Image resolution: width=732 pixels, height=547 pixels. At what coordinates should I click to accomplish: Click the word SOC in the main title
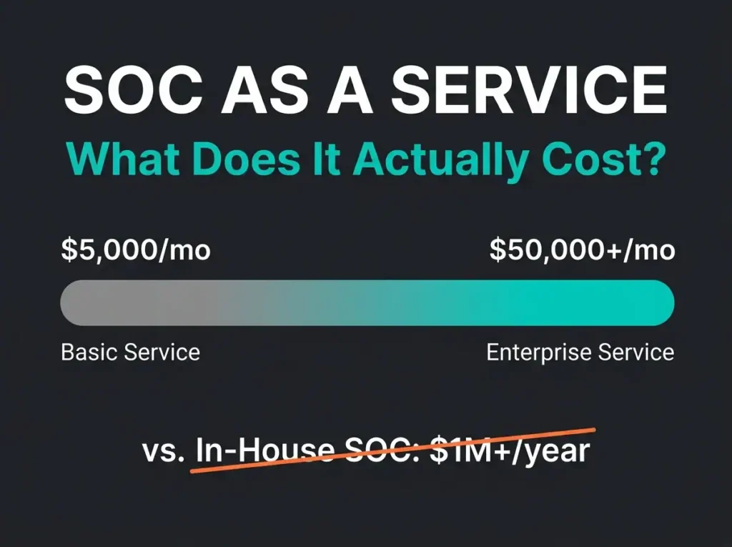coord(134,89)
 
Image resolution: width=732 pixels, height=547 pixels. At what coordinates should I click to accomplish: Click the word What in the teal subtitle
coord(124,158)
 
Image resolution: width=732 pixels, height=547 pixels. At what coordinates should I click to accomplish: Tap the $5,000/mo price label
coord(136,250)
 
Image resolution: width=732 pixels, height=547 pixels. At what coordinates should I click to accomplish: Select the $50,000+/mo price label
coord(582,250)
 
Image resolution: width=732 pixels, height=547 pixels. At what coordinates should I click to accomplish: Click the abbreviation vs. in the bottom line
coord(164,452)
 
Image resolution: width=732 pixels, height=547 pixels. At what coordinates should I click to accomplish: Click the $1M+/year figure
coord(510,451)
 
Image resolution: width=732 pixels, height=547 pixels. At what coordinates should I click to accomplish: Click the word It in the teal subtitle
coord(326,158)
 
